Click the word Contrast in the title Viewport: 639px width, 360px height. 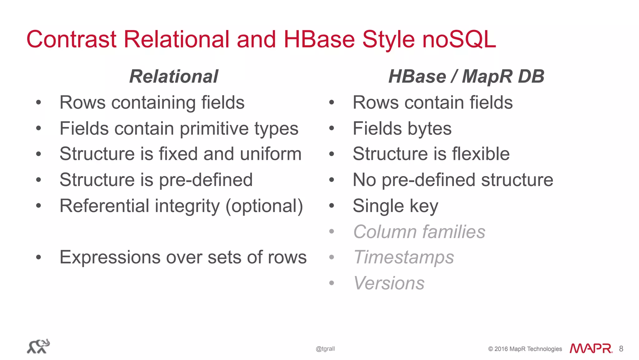click(x=71, y=40)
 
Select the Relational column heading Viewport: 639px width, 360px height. click(x=173, y=76)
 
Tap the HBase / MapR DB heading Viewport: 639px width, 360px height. click(x=466, y=76)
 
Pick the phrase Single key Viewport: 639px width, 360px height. click(x=395, y=206)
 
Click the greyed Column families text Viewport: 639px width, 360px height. click(x=419, y=232)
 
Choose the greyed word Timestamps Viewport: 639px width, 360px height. click(x=404, y=258)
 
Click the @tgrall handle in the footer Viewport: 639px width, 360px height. click(x=325, y=349)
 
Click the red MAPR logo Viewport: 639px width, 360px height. click(x=591, y=348)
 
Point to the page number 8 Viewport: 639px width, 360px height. click(x=621, y=349)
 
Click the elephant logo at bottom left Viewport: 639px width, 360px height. click(x=38, y=346)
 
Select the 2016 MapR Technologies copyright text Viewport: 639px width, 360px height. click(x=525, y=349)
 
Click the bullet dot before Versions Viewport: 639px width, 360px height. click(x=331, y=283)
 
